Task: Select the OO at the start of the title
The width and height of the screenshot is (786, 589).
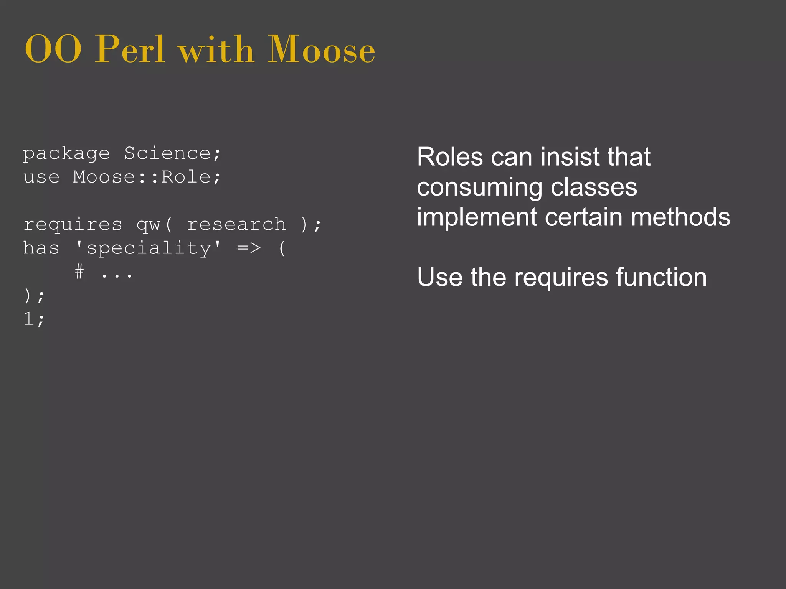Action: tap(53, 50)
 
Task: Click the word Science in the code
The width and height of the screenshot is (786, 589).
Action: tap(167, 153)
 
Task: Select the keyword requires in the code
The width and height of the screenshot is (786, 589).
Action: tap(73, 225)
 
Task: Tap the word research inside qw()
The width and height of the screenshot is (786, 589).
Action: tap(236, 224)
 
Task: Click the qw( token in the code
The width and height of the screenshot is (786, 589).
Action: tap(155, 225)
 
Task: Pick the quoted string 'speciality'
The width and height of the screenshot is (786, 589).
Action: tap(148, 248)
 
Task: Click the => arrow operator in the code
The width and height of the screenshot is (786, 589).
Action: tap(249, 248)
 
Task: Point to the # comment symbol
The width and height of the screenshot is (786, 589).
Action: tap(79, 272)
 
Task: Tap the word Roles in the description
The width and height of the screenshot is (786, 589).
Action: tap(450, 157)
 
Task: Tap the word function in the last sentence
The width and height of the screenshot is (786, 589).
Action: tap(661, 277)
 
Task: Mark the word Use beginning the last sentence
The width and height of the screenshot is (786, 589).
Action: tap(440, 277)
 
